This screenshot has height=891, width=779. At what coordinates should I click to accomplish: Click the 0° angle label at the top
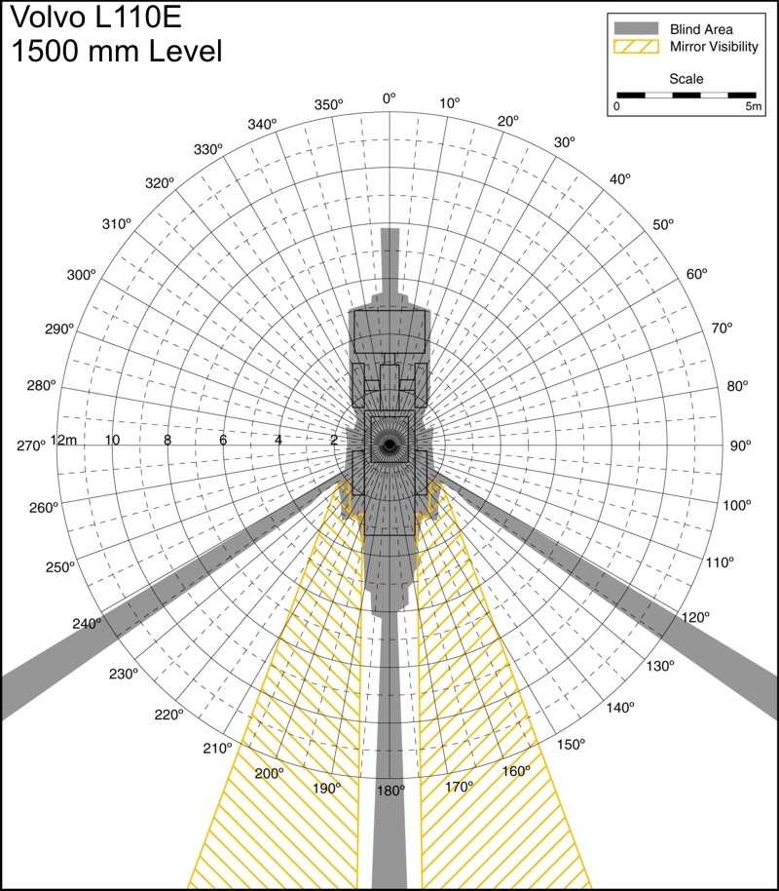389,98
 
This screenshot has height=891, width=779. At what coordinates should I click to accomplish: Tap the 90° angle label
740,445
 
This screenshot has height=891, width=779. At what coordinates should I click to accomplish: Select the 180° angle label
390,791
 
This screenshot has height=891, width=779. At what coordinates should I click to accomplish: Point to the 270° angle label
30,445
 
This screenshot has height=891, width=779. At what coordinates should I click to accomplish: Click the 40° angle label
620,178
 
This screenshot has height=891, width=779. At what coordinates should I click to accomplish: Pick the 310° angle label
117,224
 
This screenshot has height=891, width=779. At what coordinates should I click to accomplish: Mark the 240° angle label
87,623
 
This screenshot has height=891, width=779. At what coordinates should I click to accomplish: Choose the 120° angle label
695,617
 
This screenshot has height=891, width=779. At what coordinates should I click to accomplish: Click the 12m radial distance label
63,440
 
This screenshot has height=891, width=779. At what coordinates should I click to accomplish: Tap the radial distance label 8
167,440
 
